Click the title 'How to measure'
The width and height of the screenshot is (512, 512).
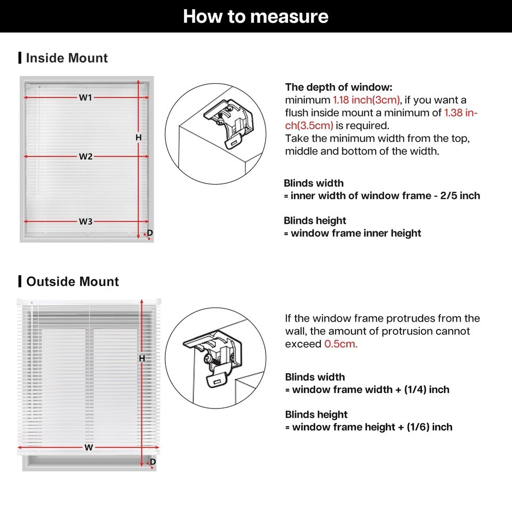click(x=255, y=17)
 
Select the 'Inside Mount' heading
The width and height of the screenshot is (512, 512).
click(x=67, y=58)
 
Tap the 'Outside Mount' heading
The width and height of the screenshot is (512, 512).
click(x=73, y=282)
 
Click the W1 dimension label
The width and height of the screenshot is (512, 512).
click(x=86, y=98)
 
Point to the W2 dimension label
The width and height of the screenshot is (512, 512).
click(x=86, y=157)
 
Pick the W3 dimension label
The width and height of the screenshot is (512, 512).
click(x=86, y=222)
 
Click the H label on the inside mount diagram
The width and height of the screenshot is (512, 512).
click(x=138, y=138)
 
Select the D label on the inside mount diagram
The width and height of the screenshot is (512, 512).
click(x=150, y=233)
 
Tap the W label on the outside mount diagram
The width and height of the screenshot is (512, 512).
click(x=89, y=447)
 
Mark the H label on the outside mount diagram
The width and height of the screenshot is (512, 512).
click(x=142, y=359)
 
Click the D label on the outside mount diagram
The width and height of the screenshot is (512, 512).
click(x=153, y=462)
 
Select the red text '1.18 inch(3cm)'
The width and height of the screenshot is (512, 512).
click(x=366, y=100)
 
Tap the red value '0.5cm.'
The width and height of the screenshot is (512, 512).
click(x=341, y=344)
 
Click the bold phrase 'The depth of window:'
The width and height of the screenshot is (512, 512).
click(x=339, y=87)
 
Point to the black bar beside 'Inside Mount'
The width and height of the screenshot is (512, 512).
click(x=20, y=58)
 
